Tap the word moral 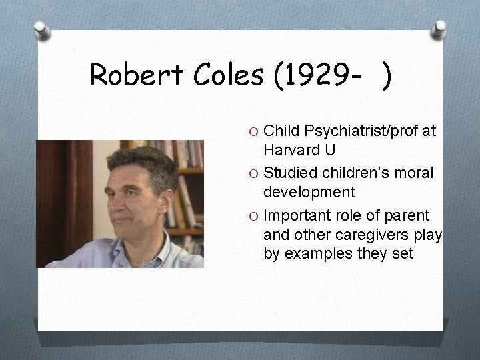pyautogui.click(x=416, y=173)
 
